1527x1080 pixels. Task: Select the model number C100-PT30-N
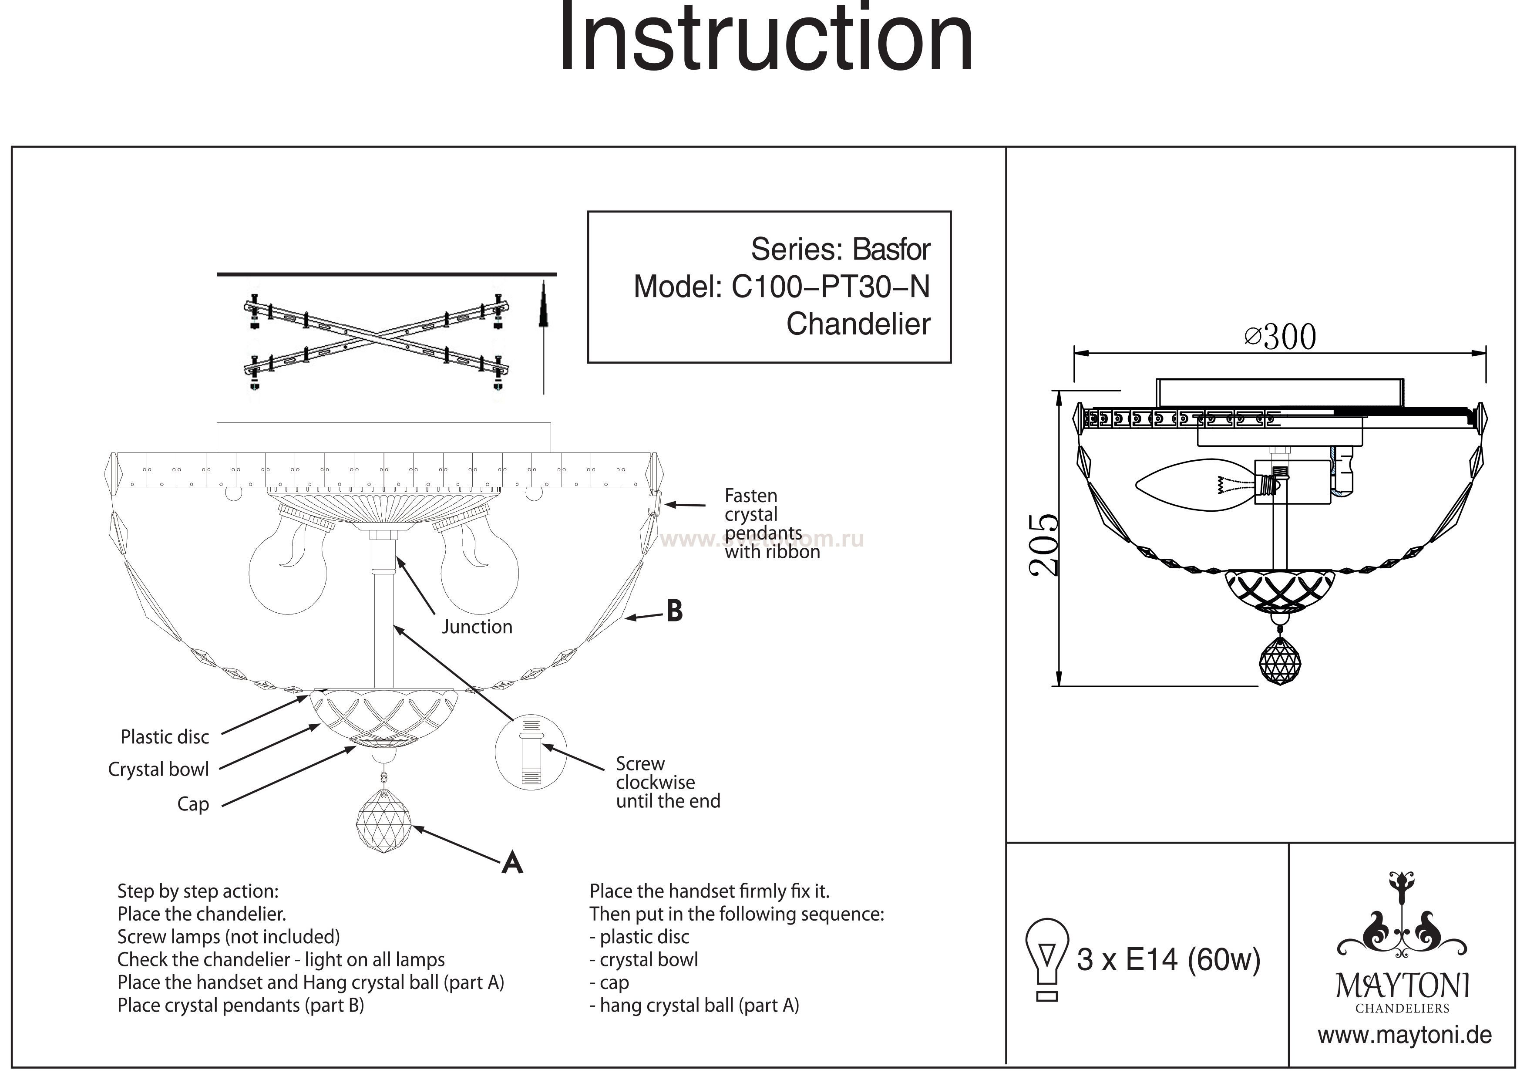[830, 287]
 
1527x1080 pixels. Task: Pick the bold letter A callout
[511, 863]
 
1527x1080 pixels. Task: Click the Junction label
[477, 627]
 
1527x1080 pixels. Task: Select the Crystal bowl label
[158, 770]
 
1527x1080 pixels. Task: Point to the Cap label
[193, 804]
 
